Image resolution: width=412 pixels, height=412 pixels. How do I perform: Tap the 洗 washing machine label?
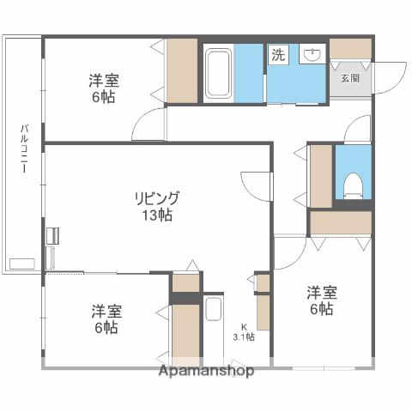(x=279, y=55)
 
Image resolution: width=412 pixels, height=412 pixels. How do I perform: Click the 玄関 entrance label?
(x=350, y=78)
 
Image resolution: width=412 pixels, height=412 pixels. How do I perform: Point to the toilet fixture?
(x=352, y=185)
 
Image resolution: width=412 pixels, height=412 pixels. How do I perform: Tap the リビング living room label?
(x=156, y=198)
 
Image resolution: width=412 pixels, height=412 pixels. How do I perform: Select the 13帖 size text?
(x=156, y=215)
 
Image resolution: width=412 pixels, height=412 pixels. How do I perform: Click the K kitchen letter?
(x=243, y=325)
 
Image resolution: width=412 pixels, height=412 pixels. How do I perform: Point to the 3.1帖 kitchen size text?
(x=244, y=336)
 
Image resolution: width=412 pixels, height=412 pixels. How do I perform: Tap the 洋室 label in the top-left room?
(x=104, y=81)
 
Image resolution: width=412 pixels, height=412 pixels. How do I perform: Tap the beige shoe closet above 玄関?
(x=350, y=48)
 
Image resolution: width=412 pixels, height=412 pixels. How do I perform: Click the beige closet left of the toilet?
(x=320, y=176)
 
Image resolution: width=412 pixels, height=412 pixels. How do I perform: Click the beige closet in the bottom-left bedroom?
(x=185, y=330)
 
